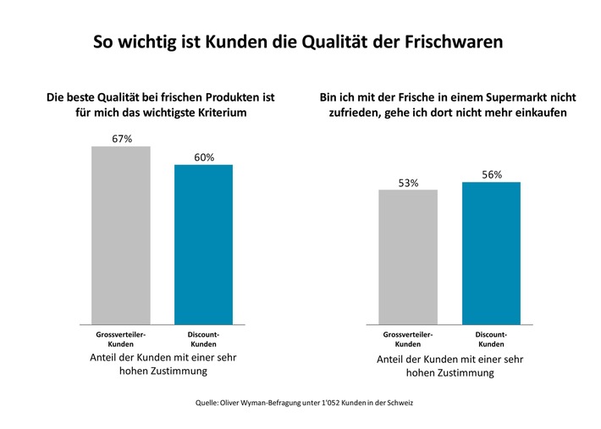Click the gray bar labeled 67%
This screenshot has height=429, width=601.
(x=120, y=235)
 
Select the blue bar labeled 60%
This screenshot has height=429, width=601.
(x=203, y=244)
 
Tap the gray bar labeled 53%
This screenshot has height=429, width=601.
(x=408, y=256)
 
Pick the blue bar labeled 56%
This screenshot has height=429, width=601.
(x=491, y=253)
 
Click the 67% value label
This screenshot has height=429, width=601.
(x=121, y=138)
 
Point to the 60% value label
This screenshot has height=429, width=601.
(x=204, y=157)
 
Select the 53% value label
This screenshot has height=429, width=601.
(x=408, y=182)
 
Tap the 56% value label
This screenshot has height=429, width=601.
(x=492, y=174)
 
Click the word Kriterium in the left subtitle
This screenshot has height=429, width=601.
(x=218, y=113)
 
